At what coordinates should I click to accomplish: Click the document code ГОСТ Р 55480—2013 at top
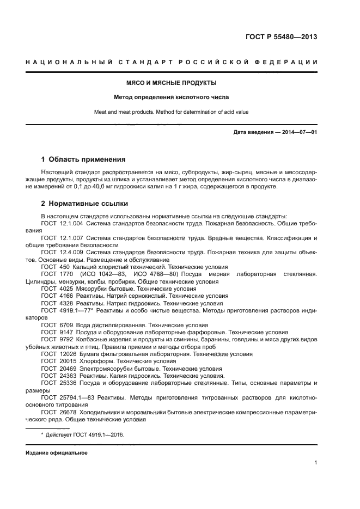pos(282,37)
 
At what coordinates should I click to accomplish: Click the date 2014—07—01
pos(296,132)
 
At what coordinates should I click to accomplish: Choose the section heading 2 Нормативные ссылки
pos(84,204)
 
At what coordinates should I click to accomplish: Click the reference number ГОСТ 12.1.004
pos(62,223)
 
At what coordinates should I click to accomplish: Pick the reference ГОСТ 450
pos(54,267)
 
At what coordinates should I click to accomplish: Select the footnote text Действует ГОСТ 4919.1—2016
pos(85,434)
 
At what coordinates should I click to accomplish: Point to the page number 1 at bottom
pos(315,463)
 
